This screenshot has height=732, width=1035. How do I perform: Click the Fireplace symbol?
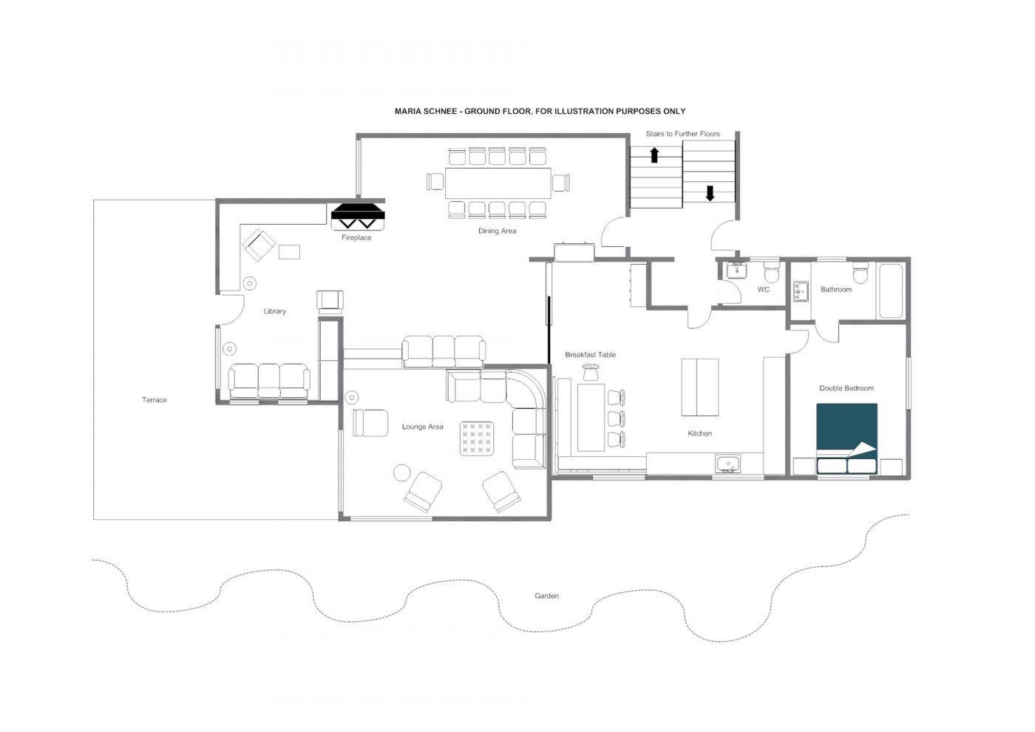tap(359, 217)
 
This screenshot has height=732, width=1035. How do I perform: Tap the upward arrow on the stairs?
tap(654, 155)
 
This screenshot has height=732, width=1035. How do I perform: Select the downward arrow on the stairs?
tap(710, 193)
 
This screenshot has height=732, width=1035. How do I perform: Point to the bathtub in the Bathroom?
tap(890, 290)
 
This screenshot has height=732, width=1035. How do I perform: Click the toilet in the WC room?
tap(771, 274)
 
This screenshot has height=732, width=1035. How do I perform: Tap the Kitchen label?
tap(699, 433)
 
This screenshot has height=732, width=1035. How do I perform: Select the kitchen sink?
tap(728, 464)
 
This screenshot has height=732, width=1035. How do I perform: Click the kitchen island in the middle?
tap(699, 387)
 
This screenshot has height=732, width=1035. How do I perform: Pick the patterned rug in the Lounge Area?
tap(477, 438)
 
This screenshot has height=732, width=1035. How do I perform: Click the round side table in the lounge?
tap(402, 472)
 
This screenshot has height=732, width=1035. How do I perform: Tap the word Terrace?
tap(155, 400)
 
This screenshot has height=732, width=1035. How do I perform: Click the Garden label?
tap(547, 595)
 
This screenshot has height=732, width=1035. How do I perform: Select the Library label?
tap(274, 311)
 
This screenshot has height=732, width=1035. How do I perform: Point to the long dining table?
tap(498, 183)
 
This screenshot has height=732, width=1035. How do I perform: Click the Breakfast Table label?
tap(590, 355)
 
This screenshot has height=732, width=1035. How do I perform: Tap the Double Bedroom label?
tap(846, 388)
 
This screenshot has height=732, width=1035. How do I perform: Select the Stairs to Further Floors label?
tap(682, 134)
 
